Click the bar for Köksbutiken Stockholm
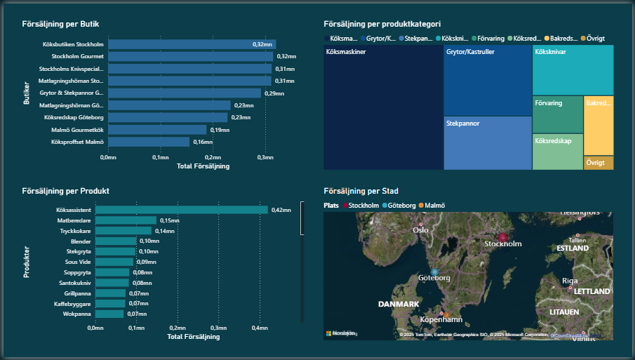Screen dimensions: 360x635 click(191, 44)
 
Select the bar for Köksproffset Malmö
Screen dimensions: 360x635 click(148, 142)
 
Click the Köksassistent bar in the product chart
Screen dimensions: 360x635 click(182, 210)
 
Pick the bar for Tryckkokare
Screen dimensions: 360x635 click(123, 230)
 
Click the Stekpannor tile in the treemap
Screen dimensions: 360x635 click(488, 142)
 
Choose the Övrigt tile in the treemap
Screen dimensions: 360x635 click(599, 162)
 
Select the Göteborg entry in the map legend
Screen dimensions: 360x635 click(401, 206)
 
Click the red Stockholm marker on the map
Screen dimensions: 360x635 click(502, 238)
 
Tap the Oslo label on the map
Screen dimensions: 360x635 click(421, 230)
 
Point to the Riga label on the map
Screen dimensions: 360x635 click(570, 281)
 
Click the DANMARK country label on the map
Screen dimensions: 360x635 click(399, 304)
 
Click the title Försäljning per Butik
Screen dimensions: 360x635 click(60, 25)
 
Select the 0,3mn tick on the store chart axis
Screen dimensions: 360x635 click(264, 157)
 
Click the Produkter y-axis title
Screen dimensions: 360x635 click(27, 262)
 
